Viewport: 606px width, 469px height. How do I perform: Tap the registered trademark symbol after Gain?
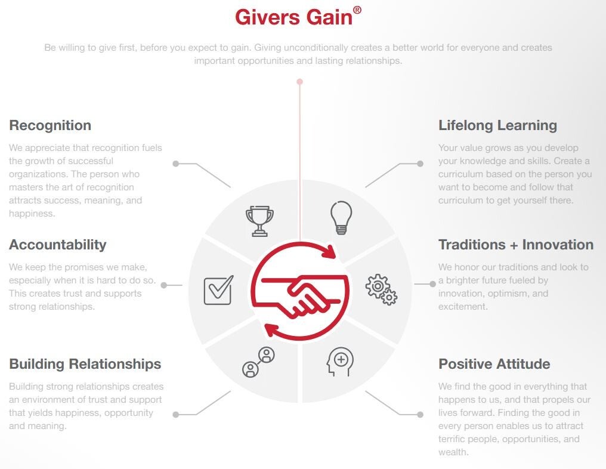(357, 10)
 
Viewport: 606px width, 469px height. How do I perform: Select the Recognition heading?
(50, 126)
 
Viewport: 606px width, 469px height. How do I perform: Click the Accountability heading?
(58, 245)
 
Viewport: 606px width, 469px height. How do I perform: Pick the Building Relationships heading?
(85, 364)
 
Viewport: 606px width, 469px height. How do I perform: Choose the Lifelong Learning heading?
(498, 126)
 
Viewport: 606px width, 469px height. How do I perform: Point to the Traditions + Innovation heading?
(516, 245)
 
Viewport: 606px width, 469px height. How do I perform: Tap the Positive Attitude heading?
(494, 364)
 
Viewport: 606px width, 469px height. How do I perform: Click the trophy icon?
(259, 221)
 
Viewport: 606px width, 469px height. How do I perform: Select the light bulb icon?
(341, 218)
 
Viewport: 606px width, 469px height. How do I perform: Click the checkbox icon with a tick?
(219, 290)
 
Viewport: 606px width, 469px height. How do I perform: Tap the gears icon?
(381, 289)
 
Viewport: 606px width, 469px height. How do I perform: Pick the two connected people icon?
(258, 362)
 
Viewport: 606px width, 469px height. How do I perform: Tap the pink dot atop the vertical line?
(299, 82)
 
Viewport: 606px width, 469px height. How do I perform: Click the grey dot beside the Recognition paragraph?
(176, 163)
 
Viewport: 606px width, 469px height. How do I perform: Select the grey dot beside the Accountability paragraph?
(164, 285)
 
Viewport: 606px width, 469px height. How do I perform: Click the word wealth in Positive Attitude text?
(453, 452)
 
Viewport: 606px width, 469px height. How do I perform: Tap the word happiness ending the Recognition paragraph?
(31, 214)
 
